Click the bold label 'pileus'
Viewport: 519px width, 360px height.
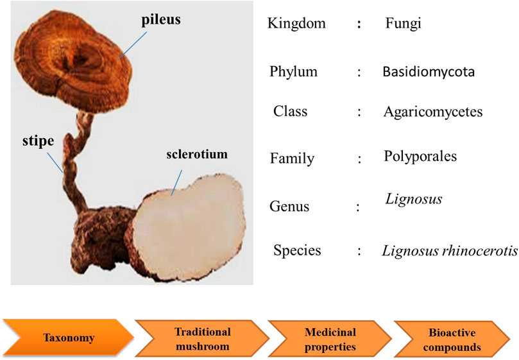pos(161,19)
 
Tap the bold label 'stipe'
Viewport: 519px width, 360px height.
pos(38,141)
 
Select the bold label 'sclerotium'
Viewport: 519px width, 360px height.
pos(197,155)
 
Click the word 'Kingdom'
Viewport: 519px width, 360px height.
pos(296,24)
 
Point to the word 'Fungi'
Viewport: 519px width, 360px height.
pos(403,24)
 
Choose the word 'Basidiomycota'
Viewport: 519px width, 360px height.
pos(429,72)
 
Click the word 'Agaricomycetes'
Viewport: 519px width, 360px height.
pos(433,112)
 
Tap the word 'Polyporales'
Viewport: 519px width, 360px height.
pos(420,157)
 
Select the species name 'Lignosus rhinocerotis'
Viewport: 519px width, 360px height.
pos(450,251)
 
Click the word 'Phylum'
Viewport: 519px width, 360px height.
pos(294,72)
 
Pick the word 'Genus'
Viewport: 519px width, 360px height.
pos(289,207)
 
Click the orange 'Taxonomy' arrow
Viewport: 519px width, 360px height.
pos(69,338)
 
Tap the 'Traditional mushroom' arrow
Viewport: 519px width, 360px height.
pos(203,339)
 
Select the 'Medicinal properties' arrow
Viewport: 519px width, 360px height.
pos(330,339)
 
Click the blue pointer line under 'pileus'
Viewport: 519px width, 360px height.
pos(132,46)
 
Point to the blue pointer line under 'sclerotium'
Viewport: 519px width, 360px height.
pos(176,183)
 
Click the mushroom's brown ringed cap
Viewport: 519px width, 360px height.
pos(73,61)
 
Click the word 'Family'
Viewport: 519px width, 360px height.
pos(293,159)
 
